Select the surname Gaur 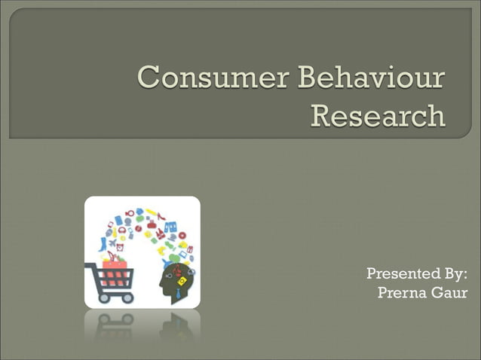449,292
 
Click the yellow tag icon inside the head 181,280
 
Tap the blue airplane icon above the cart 113,243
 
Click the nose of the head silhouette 160,285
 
